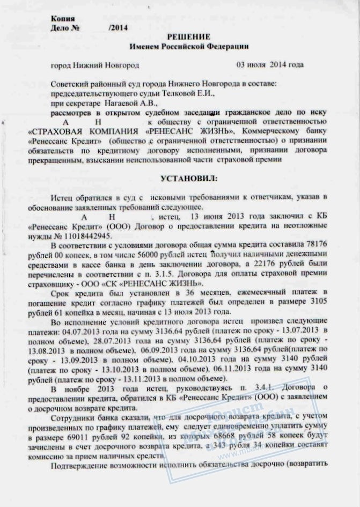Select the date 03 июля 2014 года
coord(270,65)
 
